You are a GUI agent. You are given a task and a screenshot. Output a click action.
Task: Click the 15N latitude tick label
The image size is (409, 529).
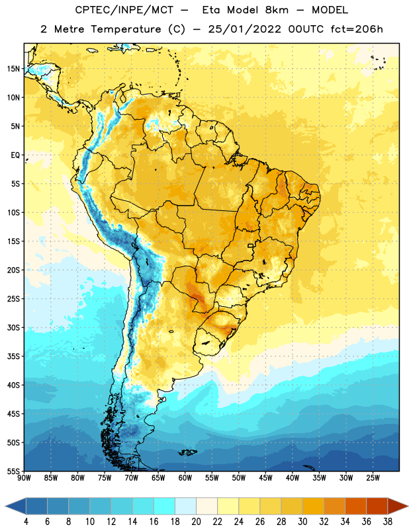coord(13,69)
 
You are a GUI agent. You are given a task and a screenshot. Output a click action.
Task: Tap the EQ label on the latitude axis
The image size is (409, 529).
coord(15,155)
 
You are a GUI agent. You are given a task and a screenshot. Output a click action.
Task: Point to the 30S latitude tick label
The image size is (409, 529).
coord(13,328)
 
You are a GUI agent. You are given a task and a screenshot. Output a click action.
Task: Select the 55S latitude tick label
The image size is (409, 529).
coord(13,471)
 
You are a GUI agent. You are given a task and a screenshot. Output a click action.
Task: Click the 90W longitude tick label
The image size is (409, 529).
coord(24,478)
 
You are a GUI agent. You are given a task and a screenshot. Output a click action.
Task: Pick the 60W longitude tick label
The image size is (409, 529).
coord(185,478)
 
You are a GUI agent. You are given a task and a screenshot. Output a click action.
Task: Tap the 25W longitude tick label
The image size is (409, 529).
coord(373,478)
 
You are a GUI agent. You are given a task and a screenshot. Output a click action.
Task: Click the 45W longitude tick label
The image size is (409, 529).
coord(265,478)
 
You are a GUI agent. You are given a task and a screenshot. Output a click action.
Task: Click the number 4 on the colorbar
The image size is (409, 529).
coord(26,522)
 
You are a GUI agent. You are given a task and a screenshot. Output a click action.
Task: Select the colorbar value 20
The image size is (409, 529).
coord(196,522)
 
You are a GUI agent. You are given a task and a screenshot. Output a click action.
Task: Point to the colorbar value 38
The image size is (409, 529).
coord(388,522)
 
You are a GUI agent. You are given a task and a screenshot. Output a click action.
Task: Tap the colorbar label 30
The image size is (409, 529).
coord(302,522)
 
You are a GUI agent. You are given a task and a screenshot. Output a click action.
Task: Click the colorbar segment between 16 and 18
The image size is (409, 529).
coord(165,506)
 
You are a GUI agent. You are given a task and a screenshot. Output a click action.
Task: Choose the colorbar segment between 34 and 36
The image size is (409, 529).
coord(355,506)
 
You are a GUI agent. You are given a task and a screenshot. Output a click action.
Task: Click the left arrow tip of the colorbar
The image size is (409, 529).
coord(5,506)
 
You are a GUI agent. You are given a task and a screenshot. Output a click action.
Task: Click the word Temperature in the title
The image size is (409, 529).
coord(126,29)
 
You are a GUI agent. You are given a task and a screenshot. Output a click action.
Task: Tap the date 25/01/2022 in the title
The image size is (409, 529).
coord(244,29)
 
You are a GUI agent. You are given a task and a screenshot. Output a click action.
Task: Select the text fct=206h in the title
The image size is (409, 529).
coord(357,29)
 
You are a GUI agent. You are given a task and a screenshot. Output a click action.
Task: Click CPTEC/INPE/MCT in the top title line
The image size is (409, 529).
coord(124,10)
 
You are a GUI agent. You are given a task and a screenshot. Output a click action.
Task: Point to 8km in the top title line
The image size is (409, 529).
coord(277,10)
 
